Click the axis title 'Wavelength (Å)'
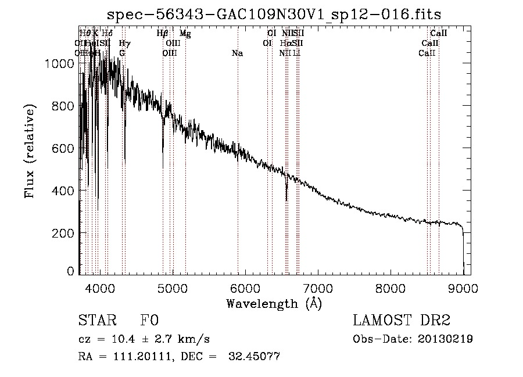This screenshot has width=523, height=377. click(274, 303)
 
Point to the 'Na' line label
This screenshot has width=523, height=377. click(237, 53)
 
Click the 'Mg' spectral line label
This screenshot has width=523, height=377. click(185, 34)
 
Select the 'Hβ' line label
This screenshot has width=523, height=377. click(163, 34)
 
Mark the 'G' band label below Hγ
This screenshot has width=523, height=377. click(122, 53)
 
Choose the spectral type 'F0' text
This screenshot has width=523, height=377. click(149, 321)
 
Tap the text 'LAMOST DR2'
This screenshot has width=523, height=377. click(401, 321)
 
